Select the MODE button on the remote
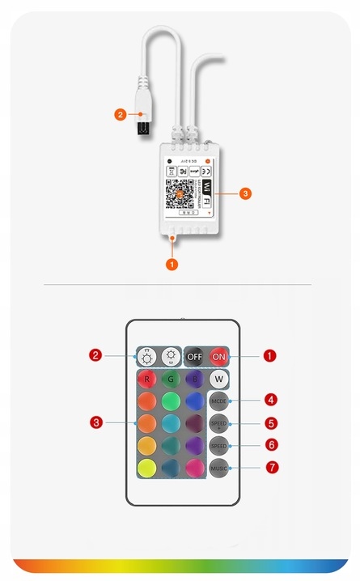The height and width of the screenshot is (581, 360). click(218, 401)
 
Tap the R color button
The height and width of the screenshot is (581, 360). click(146, 379)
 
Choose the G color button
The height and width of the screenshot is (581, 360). click(171, 379)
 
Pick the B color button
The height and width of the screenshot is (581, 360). click(194, 379)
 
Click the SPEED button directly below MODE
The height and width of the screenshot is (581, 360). click(218, 424)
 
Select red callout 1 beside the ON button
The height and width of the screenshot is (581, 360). click(270, 355)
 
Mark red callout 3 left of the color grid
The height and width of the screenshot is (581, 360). click(96, 422)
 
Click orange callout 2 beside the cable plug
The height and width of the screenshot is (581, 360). click(119, 115)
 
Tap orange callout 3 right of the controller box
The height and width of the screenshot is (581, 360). click(246, 194)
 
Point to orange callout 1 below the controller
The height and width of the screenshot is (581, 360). click(171, 264)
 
